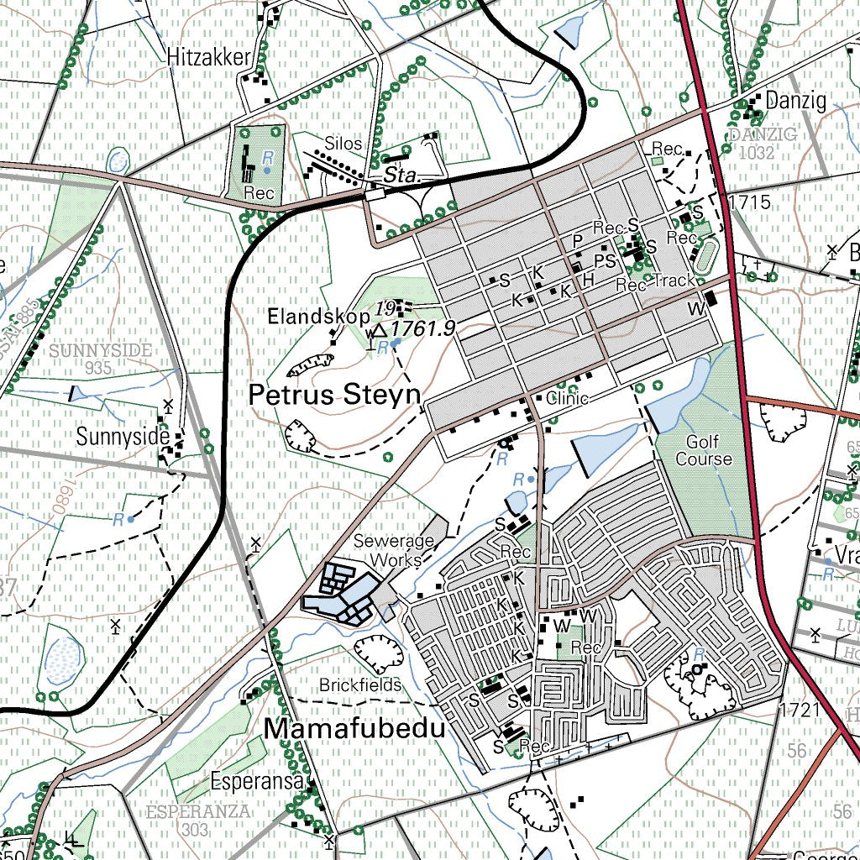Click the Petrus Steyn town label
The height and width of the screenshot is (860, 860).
[334, 396]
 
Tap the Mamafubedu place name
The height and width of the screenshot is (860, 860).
[354, 729]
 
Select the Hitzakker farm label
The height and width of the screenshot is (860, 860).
[209, 57]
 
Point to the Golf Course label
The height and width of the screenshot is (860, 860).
[704, 450]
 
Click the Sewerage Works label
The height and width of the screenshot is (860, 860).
[393, 550]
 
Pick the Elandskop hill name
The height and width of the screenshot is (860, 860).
[318, 317]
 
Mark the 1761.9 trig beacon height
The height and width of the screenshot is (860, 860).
[423, 328]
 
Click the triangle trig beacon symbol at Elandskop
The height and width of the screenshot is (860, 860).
[379, 330]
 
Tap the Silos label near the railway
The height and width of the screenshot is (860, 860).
[343, 144]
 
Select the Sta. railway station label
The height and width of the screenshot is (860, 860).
[401, 176]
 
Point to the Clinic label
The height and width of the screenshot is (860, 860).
[567, 398]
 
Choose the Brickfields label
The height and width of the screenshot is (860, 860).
[359, 685]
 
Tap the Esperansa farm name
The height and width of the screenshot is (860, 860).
[256, 780]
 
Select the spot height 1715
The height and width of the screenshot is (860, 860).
[750, 202]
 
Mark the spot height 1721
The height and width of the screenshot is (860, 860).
[799, 711]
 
